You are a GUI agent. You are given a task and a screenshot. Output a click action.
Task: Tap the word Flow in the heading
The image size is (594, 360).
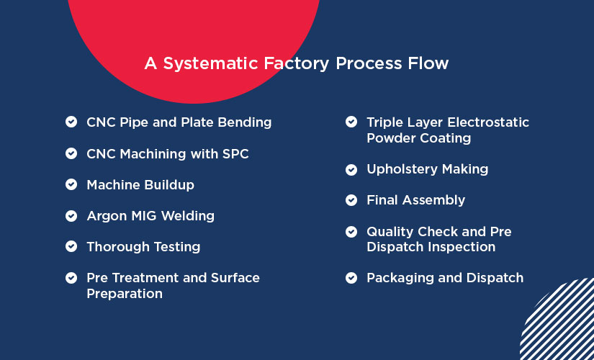click(429, 63)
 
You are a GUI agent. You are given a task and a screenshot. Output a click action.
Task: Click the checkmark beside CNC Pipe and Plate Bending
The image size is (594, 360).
click(71, 122)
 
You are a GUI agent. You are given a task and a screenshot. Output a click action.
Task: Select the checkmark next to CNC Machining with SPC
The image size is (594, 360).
click(71, 153)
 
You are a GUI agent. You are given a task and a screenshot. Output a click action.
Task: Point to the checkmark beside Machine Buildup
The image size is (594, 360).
click(71, 184)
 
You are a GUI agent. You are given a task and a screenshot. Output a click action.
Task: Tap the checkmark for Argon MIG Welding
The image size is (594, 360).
click(71, 215)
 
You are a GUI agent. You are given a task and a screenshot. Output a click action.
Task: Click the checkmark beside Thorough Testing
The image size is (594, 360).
click(71, 246)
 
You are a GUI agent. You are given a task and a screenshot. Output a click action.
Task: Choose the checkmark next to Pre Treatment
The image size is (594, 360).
click(71, 277)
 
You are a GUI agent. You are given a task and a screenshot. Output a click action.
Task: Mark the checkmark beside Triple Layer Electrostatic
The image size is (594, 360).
click(351, 122)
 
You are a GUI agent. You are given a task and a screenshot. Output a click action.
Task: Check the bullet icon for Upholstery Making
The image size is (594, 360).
click(351, 169)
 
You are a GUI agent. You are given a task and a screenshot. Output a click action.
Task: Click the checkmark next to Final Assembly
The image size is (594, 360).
click(351, 200)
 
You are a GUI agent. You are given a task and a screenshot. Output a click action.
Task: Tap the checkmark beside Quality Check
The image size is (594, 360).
click(351, 232)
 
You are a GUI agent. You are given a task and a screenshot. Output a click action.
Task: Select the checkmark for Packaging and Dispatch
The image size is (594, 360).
click(351, 278)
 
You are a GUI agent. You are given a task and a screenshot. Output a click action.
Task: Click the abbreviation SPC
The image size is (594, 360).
click(234, 153)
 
